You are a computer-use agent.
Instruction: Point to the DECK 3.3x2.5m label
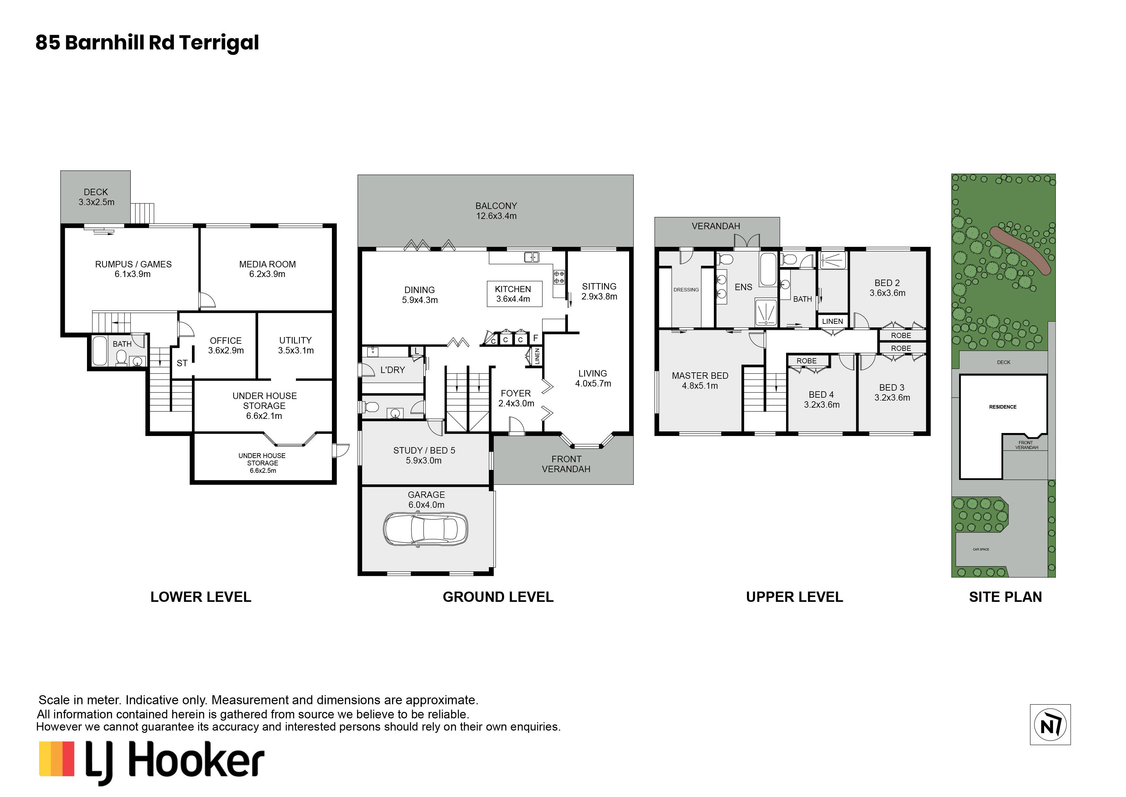click(x=96, y=197)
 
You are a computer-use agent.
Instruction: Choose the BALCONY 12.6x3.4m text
click(x=496, y=211)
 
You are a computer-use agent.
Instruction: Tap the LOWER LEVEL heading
click(x=201, y=597)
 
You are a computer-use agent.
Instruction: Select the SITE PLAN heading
click(x=1005, y=597)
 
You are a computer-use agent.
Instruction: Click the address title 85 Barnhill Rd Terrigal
click(x=147, y=43)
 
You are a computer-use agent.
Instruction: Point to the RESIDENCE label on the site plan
click(x=1003, y=407)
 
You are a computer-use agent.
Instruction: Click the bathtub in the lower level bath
click(x=100, y=351)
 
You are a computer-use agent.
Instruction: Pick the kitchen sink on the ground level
click(x=531, y=257)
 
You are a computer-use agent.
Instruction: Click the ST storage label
click(x=182, y=363)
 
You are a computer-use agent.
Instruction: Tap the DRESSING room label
click(x=686, y=290)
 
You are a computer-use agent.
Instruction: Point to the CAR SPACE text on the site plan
click(x=981, y=549)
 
